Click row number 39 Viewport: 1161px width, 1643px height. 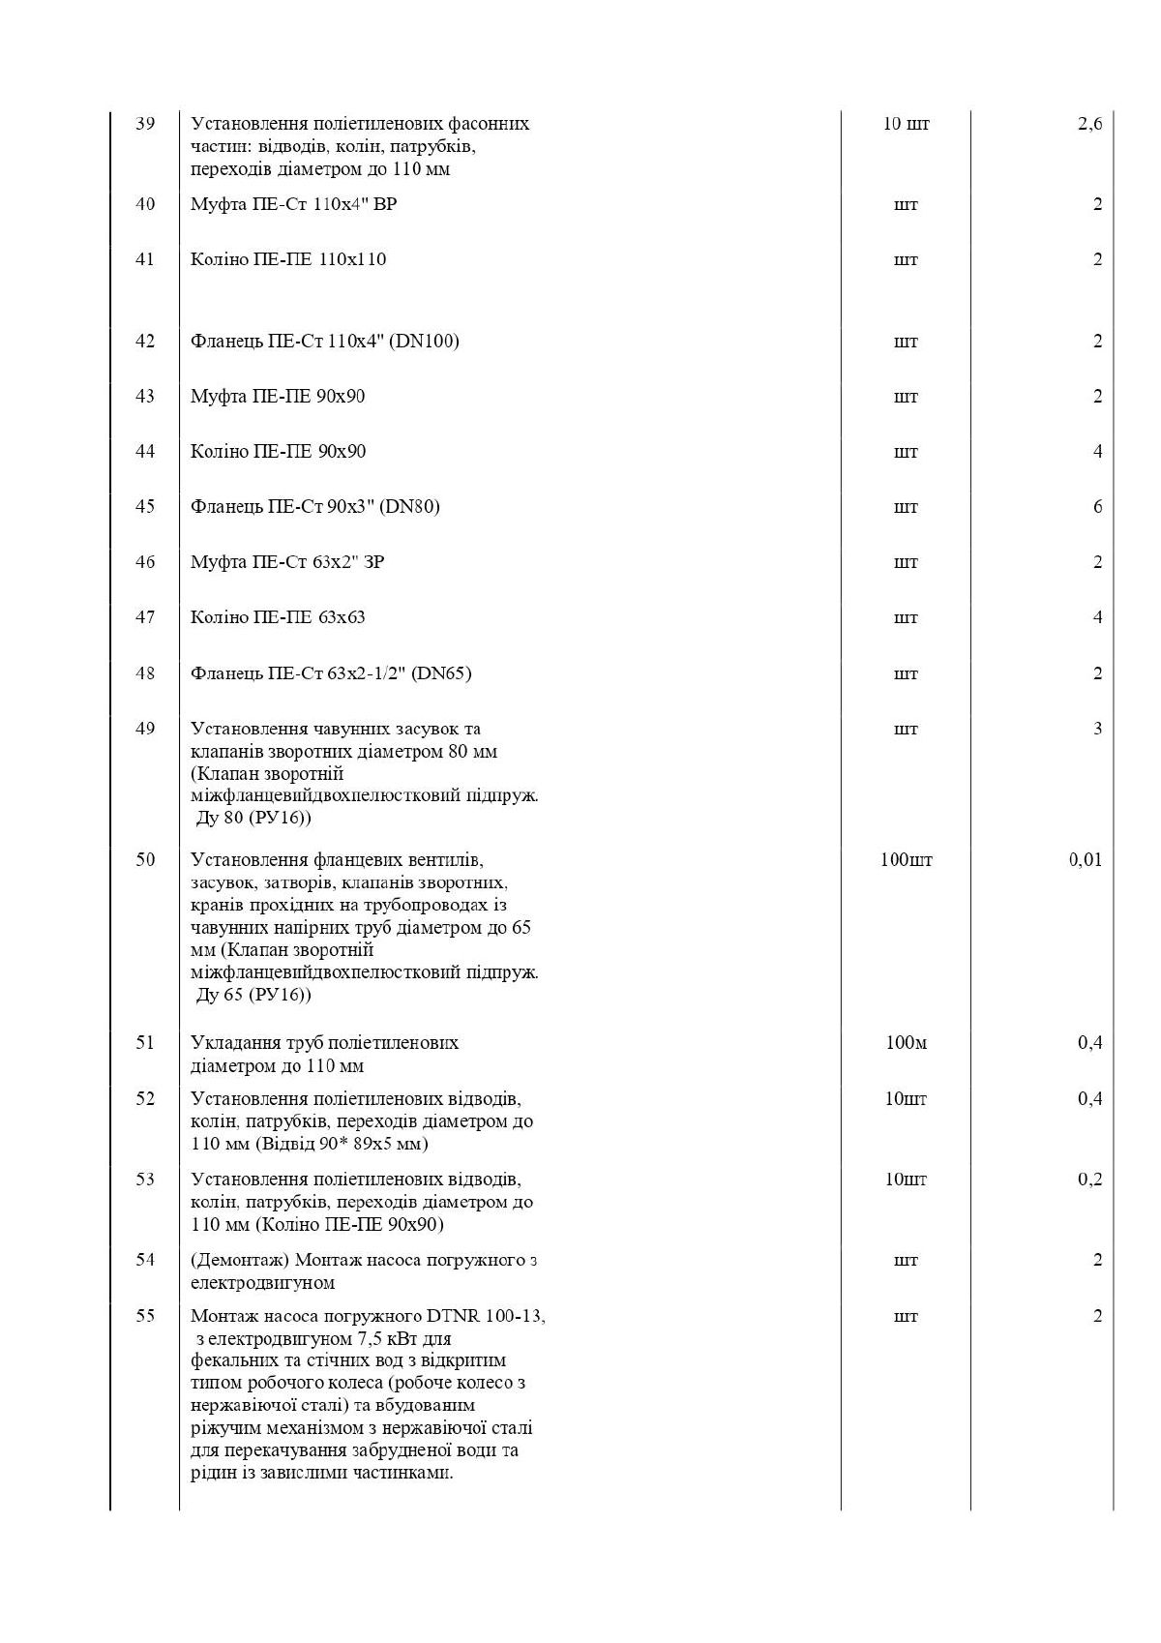point(145,124)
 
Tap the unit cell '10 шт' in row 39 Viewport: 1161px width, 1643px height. point(906,124)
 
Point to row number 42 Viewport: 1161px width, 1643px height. point(145,341)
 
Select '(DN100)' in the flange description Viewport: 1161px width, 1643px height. point(424,341)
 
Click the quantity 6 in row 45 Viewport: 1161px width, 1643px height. point(1097,506)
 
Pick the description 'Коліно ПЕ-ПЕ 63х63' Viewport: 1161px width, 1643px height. point(279,616)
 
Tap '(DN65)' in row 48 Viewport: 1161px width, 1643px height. point(441,672)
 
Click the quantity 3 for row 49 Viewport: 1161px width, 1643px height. point(1097,728)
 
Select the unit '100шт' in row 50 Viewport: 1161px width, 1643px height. point(906,859)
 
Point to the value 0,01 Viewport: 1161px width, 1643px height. point(1086,859)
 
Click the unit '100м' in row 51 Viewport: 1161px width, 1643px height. point(906,1042)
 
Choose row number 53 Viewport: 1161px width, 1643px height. point(145,1179)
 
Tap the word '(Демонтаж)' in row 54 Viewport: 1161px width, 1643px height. point(239,1260)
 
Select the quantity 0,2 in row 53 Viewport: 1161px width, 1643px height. point(1089,1179)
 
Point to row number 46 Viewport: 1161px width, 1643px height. point(145,561)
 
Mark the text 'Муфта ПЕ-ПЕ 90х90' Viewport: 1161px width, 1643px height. point(279,396)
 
